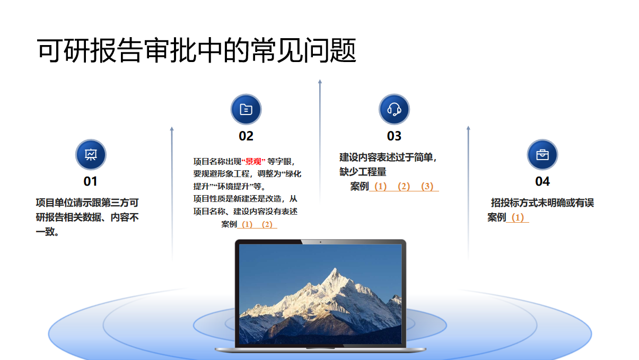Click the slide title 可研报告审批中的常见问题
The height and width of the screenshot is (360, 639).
point(196,50)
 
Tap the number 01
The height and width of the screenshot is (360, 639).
point(91,181)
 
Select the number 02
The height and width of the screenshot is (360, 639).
point(246,136)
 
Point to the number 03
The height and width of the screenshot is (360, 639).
point(394,136)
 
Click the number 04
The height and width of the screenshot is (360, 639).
point(542,181)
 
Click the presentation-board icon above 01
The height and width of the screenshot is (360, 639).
point(91,155)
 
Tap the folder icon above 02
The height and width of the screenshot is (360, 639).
point(246,109)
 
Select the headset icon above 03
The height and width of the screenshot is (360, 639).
point(394,109)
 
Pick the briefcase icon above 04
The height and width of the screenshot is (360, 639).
point(542,155)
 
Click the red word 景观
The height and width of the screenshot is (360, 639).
point(253,162)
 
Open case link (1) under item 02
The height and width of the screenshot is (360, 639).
point(247,224)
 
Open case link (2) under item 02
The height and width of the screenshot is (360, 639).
point(267,224)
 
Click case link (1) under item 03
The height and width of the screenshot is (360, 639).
point(381,187)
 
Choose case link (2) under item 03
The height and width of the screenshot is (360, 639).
point(404,187)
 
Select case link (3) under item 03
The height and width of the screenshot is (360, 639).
point(427,187)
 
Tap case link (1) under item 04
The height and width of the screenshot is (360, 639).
point(518,218)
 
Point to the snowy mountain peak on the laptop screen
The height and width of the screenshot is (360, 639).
point(336,269)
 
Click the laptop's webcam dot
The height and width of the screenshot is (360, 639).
point(320,242)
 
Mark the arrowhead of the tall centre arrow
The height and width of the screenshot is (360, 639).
point(320,82)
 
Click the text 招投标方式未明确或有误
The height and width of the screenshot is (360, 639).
point(542,203)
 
